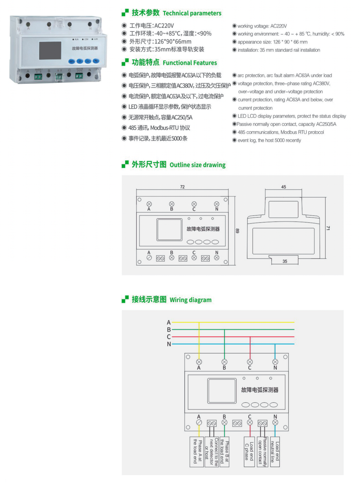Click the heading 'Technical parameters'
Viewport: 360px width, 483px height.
coord(192,13)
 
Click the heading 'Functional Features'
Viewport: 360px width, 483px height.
coord(190,63)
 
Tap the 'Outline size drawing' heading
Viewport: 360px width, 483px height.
coord(197,165)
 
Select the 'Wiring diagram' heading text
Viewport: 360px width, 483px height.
coord(190,300)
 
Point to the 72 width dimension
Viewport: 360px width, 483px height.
coord(182,187)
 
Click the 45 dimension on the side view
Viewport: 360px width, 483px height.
coord(284,187)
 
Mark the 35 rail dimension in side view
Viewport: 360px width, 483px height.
coord(285,261)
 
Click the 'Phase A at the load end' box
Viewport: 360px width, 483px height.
coord(197,452)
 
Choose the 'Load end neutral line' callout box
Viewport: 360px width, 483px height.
coord(275,452)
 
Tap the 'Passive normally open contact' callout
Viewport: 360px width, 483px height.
coord(263,452)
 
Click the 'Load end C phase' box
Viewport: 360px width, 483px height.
coord(249,452)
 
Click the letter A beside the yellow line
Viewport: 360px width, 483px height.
coord(169,322)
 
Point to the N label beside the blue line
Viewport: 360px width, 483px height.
coord(169,344)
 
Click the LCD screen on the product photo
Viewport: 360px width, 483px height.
coord(50,50)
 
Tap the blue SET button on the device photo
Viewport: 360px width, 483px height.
coord(72,61)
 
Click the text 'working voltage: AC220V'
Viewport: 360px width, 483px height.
coord(262,26)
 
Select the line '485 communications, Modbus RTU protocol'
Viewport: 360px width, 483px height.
coord(281,132)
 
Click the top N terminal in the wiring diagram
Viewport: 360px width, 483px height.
coord(275,362)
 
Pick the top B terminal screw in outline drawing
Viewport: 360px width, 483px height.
coord(172,204)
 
